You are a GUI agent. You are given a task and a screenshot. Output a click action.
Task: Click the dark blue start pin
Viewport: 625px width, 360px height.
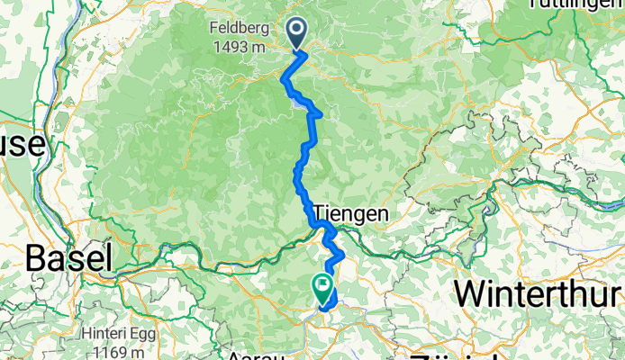(x=297, y=35)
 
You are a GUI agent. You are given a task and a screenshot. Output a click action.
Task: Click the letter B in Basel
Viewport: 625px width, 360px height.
(x=37, y=258)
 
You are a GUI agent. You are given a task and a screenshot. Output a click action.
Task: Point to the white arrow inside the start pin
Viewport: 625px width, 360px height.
(x=297, y=31)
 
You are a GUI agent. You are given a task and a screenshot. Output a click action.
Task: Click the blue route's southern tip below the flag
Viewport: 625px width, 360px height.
(x=322, y=311)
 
